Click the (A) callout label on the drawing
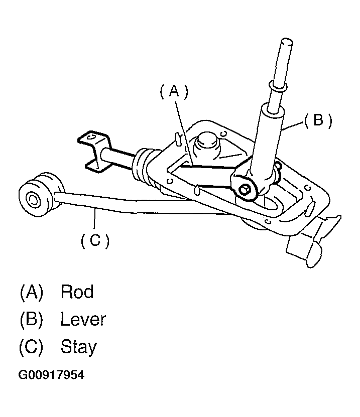click(x=173, y=91)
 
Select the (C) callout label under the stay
click(x=94, y=241)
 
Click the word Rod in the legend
click(x=77, y=292)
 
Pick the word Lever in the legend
click(x=83, y=319)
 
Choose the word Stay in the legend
click(x=78, y=347)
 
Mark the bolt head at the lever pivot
click(x=245, y=189)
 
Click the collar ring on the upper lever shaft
click(x=277, y=87)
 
